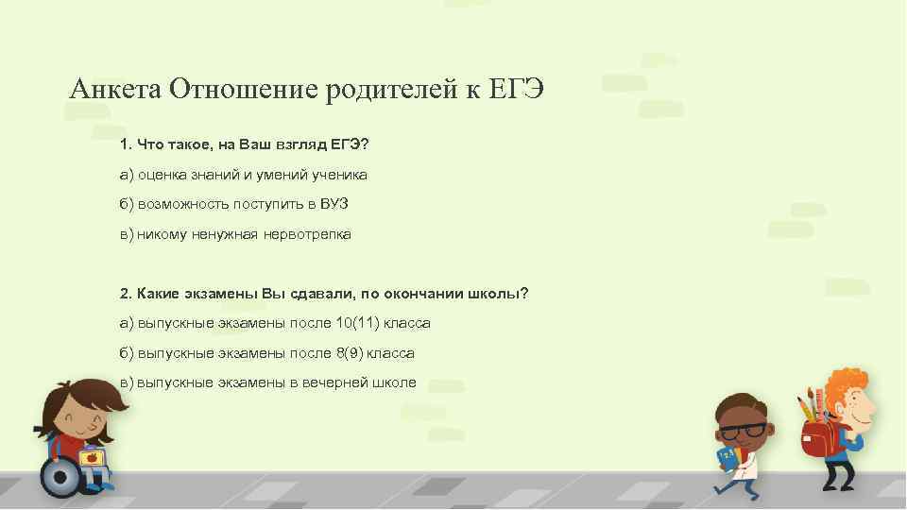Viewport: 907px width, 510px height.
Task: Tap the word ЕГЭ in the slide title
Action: click(x=517, y=90)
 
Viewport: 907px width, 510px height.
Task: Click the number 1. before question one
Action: click(x=126, y=145)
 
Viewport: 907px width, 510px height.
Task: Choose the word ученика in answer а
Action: click(x=340, y=175)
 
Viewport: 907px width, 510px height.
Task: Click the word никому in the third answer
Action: click(x=162, y=234)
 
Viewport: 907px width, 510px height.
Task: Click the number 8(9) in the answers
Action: click(x=346, y=353)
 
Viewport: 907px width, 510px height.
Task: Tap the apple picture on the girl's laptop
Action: click(x=93, y=457)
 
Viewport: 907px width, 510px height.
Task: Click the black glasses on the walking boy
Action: click(x=743, y=430)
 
